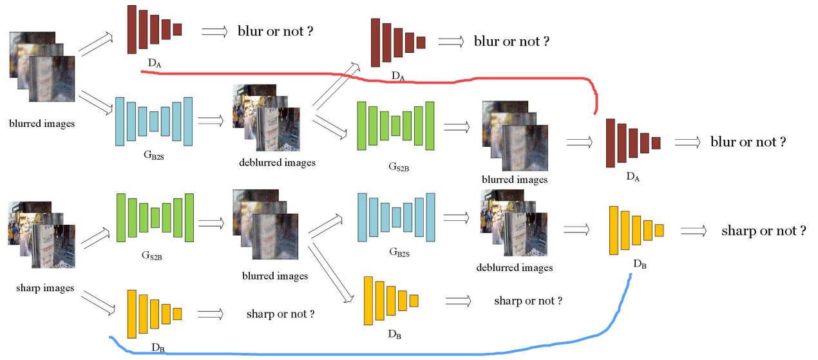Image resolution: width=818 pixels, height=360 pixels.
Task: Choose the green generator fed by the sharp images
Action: (x=155, y=218)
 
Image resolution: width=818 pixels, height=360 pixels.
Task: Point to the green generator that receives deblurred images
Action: (x=395, y=126)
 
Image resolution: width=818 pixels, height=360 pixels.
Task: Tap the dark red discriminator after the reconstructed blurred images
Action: (x=633, y=143)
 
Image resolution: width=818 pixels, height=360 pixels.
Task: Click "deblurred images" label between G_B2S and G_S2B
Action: (x=277, y=162)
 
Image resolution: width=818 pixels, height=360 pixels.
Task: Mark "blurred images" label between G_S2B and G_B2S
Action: (x=275, y=276)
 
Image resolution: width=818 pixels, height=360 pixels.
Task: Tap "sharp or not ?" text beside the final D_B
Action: (x=763, y=231)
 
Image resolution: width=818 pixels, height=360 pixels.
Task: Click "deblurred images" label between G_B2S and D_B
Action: (x=515, y=267)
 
